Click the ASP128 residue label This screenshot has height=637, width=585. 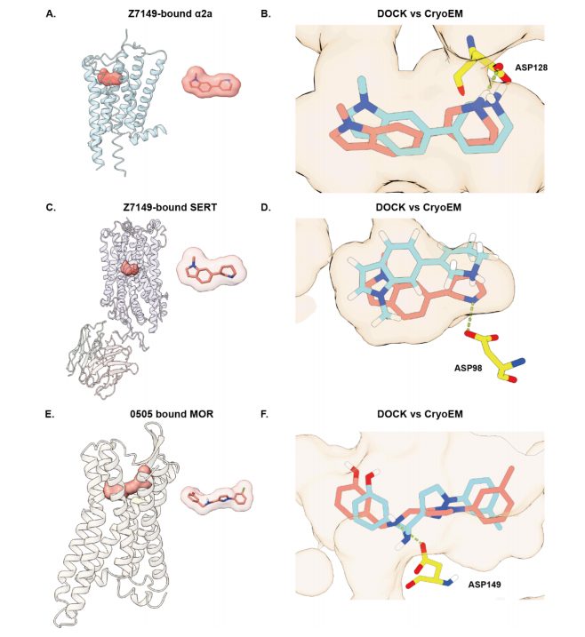click(533, 66)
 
